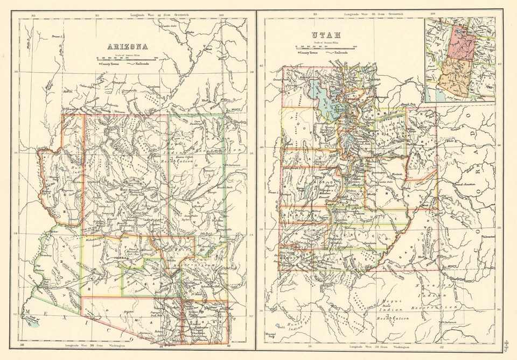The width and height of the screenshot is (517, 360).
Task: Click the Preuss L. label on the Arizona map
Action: point(58,37)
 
